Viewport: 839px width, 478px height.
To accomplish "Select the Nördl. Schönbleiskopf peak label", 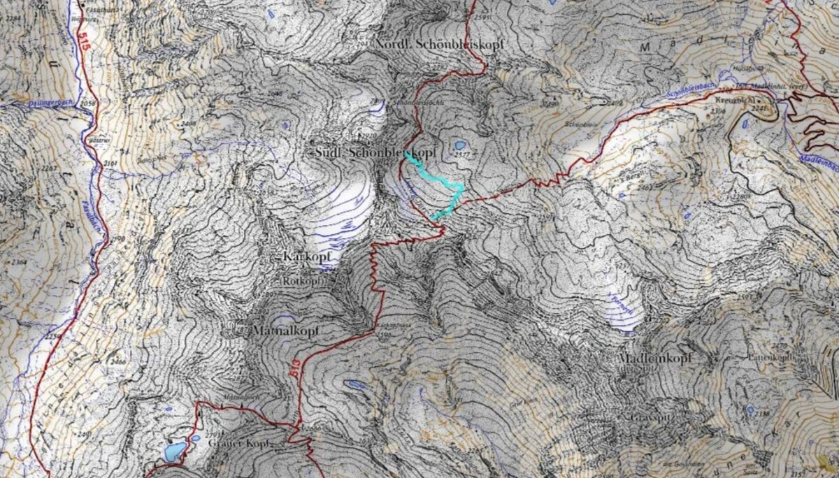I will pos(439,44).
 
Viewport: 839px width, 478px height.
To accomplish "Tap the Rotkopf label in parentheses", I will pos(303,281).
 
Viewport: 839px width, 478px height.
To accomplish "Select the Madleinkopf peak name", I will pos(655,358).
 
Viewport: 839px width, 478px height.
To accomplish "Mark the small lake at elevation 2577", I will pos(460,145).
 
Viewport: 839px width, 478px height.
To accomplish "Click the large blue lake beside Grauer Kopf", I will pos(173,451).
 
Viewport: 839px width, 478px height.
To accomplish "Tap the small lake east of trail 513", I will pos(354,384).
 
